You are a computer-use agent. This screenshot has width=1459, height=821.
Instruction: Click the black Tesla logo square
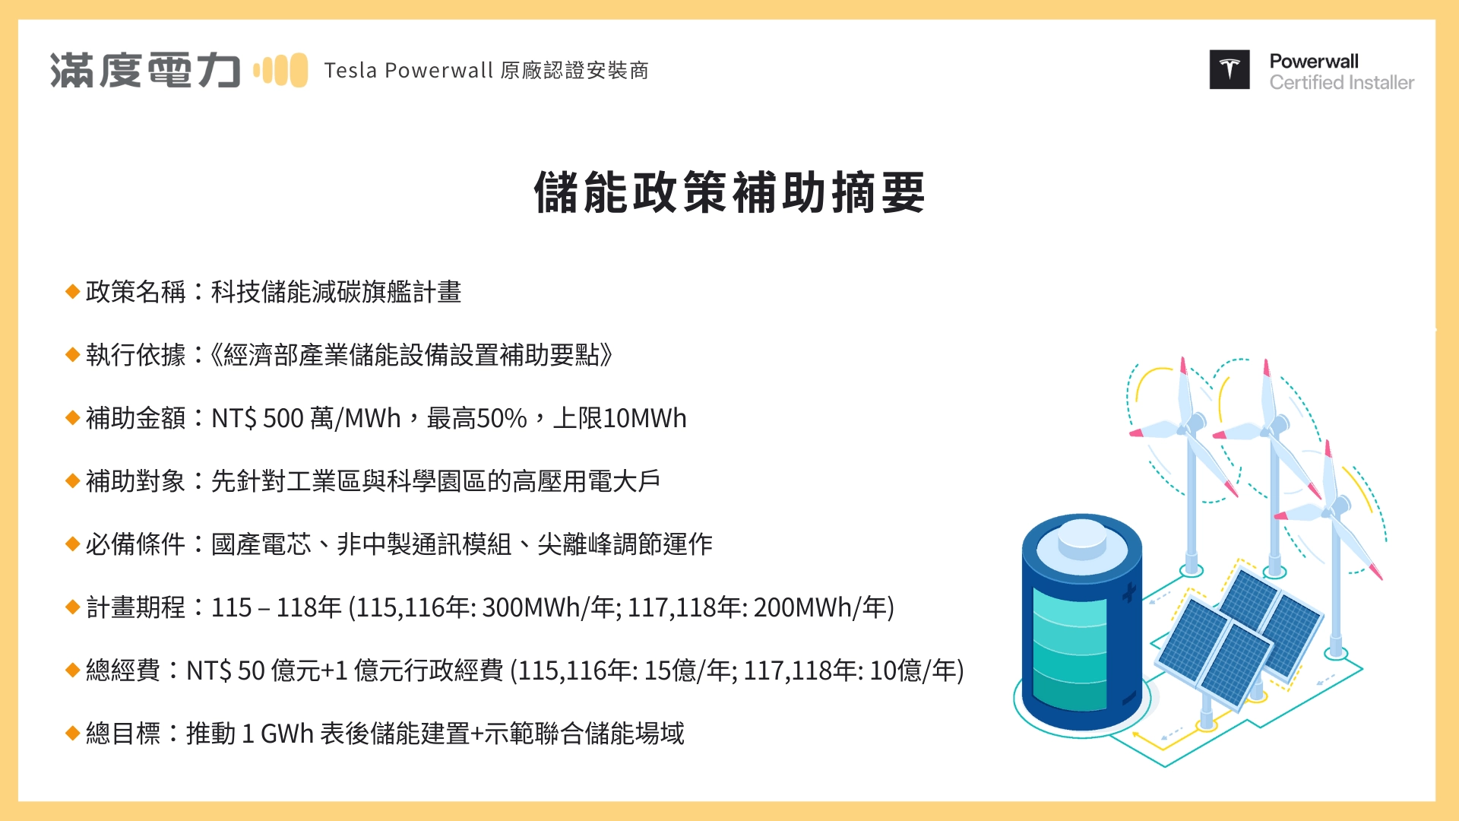(x=1229, y=70)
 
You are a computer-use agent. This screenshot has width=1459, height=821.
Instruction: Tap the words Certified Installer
(x=1341, y=83)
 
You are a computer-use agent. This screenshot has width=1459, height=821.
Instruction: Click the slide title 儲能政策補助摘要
(x=729, y=192)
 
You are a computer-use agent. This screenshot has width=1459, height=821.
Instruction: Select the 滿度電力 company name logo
(x=145, y=71)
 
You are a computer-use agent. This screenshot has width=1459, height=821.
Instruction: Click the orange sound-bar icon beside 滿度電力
(x=280, y=71)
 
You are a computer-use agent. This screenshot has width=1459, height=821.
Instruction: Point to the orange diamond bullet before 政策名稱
(x=73, y=292)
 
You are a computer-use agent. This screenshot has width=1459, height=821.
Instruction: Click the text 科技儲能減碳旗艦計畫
(x=336, y=292)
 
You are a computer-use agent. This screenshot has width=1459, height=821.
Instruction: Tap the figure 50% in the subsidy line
(x=502, y=418)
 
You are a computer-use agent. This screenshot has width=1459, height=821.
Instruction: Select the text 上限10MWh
(x=619, y=418)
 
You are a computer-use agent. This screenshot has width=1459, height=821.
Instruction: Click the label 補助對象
(x=135, y=481)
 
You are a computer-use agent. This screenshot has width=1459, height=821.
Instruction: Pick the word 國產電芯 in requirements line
(x=261, y=544)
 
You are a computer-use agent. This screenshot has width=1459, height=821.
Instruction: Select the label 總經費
(x=123, y=670)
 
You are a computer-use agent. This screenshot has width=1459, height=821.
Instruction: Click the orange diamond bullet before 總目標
(x=73, y=734)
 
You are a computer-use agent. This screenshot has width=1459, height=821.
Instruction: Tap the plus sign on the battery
(x=1128, y=591)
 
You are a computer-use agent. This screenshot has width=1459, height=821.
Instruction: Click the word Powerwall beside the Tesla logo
(x=1314, y=62)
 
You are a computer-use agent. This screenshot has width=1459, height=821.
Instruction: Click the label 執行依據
(x=135, y=355)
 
